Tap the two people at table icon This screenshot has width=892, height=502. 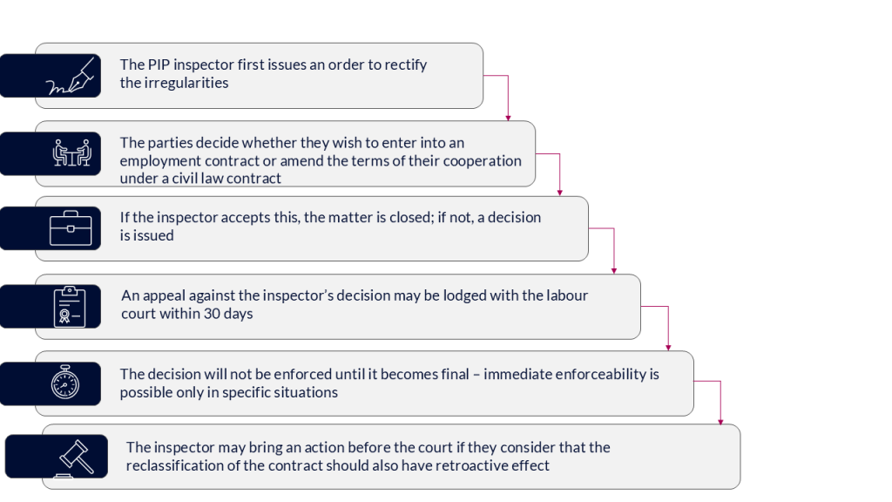pos(71,153)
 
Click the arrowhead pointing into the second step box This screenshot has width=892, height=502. pos(508,118)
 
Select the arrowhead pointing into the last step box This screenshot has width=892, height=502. pos(721,422)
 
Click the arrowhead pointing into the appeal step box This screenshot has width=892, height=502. pos(615,271)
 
